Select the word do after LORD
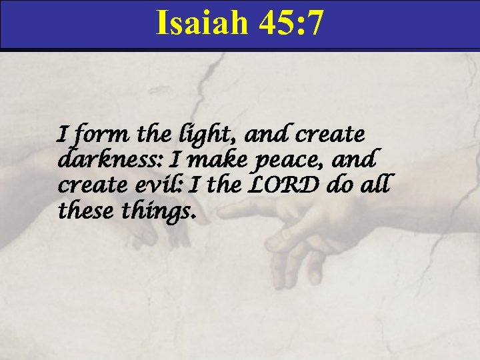pyautogui.click(x=341, y=185)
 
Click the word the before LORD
pyautogui.click(x=227, y=185)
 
